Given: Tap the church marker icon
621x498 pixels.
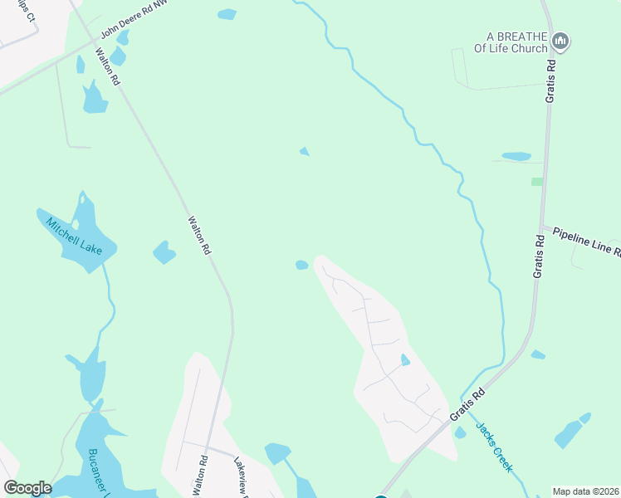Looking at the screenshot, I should click(560, 41).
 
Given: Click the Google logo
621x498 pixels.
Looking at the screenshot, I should click(27, 488).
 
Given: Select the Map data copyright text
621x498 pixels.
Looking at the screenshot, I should click(584, 491).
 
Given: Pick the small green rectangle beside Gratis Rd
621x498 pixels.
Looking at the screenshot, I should click(537, 181).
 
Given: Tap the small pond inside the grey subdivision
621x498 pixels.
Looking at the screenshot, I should click(405, 360).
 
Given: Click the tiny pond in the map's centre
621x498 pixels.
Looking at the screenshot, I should click(305, 151).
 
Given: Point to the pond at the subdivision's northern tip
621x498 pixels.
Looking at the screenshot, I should click(302, 266).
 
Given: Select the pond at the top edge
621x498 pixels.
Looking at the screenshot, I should click(227, 14).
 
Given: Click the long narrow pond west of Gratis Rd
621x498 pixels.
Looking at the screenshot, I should click(516, 156).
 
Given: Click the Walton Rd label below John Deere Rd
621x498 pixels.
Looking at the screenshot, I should click(108, 67).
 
